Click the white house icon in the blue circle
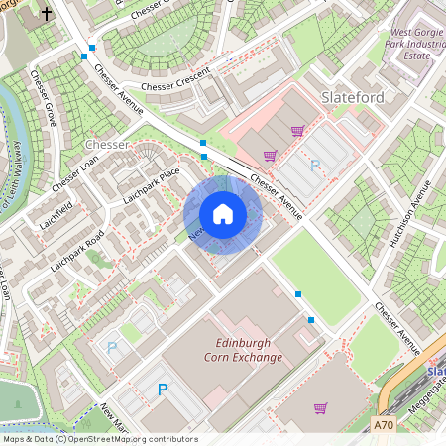coord(223,214)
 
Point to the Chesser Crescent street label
coord(176,85)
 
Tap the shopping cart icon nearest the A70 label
coord(320,407)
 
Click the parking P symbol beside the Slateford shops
coord(315,166)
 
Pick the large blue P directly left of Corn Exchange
coord(163,390)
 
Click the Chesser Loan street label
coord(75,172)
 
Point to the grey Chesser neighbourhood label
coord(107,145)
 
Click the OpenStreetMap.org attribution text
coord(133,439)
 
